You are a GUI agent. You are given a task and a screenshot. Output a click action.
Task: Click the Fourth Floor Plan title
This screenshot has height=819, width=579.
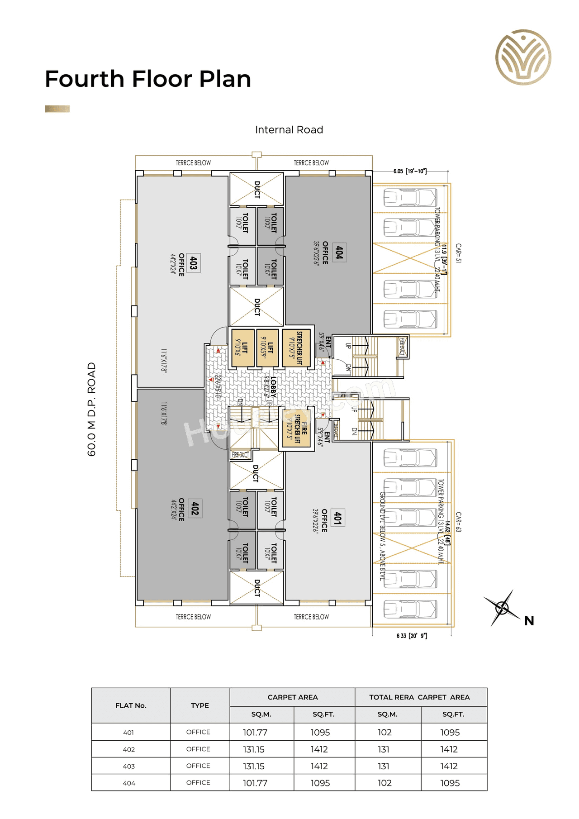click(148, 79)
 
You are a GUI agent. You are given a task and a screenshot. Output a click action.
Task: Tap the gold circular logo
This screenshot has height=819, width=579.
click(523, 57)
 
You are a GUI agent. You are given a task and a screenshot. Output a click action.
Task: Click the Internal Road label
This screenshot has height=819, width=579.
click(289, 130)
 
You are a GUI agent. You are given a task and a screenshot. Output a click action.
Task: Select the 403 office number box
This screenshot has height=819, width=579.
click(194, 263)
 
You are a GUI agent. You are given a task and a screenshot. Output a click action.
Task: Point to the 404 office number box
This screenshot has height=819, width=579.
click(339, 252)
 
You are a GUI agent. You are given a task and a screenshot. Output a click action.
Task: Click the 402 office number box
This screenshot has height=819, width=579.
click(195, 508)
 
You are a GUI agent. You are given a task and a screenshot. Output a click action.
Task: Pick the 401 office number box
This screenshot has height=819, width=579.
click(337, 518)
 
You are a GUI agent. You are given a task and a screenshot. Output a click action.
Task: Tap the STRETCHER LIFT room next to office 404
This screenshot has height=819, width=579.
click(296, 348)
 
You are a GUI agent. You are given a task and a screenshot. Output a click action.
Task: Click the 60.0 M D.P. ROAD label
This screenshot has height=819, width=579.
click(92, 409)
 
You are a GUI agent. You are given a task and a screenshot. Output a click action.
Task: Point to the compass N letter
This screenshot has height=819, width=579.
click(529, 621)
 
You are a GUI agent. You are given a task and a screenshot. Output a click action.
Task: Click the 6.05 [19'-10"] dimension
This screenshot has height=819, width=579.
click(410, 171)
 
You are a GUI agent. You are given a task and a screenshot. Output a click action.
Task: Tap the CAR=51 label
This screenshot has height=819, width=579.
click(458, 253)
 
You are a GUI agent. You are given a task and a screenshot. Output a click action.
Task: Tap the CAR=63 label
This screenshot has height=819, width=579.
click(458, 522)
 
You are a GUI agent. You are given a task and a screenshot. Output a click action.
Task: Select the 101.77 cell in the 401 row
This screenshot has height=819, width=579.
click(255, 732)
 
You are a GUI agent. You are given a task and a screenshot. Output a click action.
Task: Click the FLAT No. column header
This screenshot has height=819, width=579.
click(131, 705)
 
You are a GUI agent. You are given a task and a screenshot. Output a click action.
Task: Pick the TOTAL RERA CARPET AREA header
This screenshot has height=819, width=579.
click(419, 697)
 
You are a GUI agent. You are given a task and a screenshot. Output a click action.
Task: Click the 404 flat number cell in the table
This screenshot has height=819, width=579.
click(129, 783)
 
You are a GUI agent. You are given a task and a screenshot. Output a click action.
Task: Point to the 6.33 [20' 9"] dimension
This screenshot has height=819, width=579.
click(412, 636)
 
